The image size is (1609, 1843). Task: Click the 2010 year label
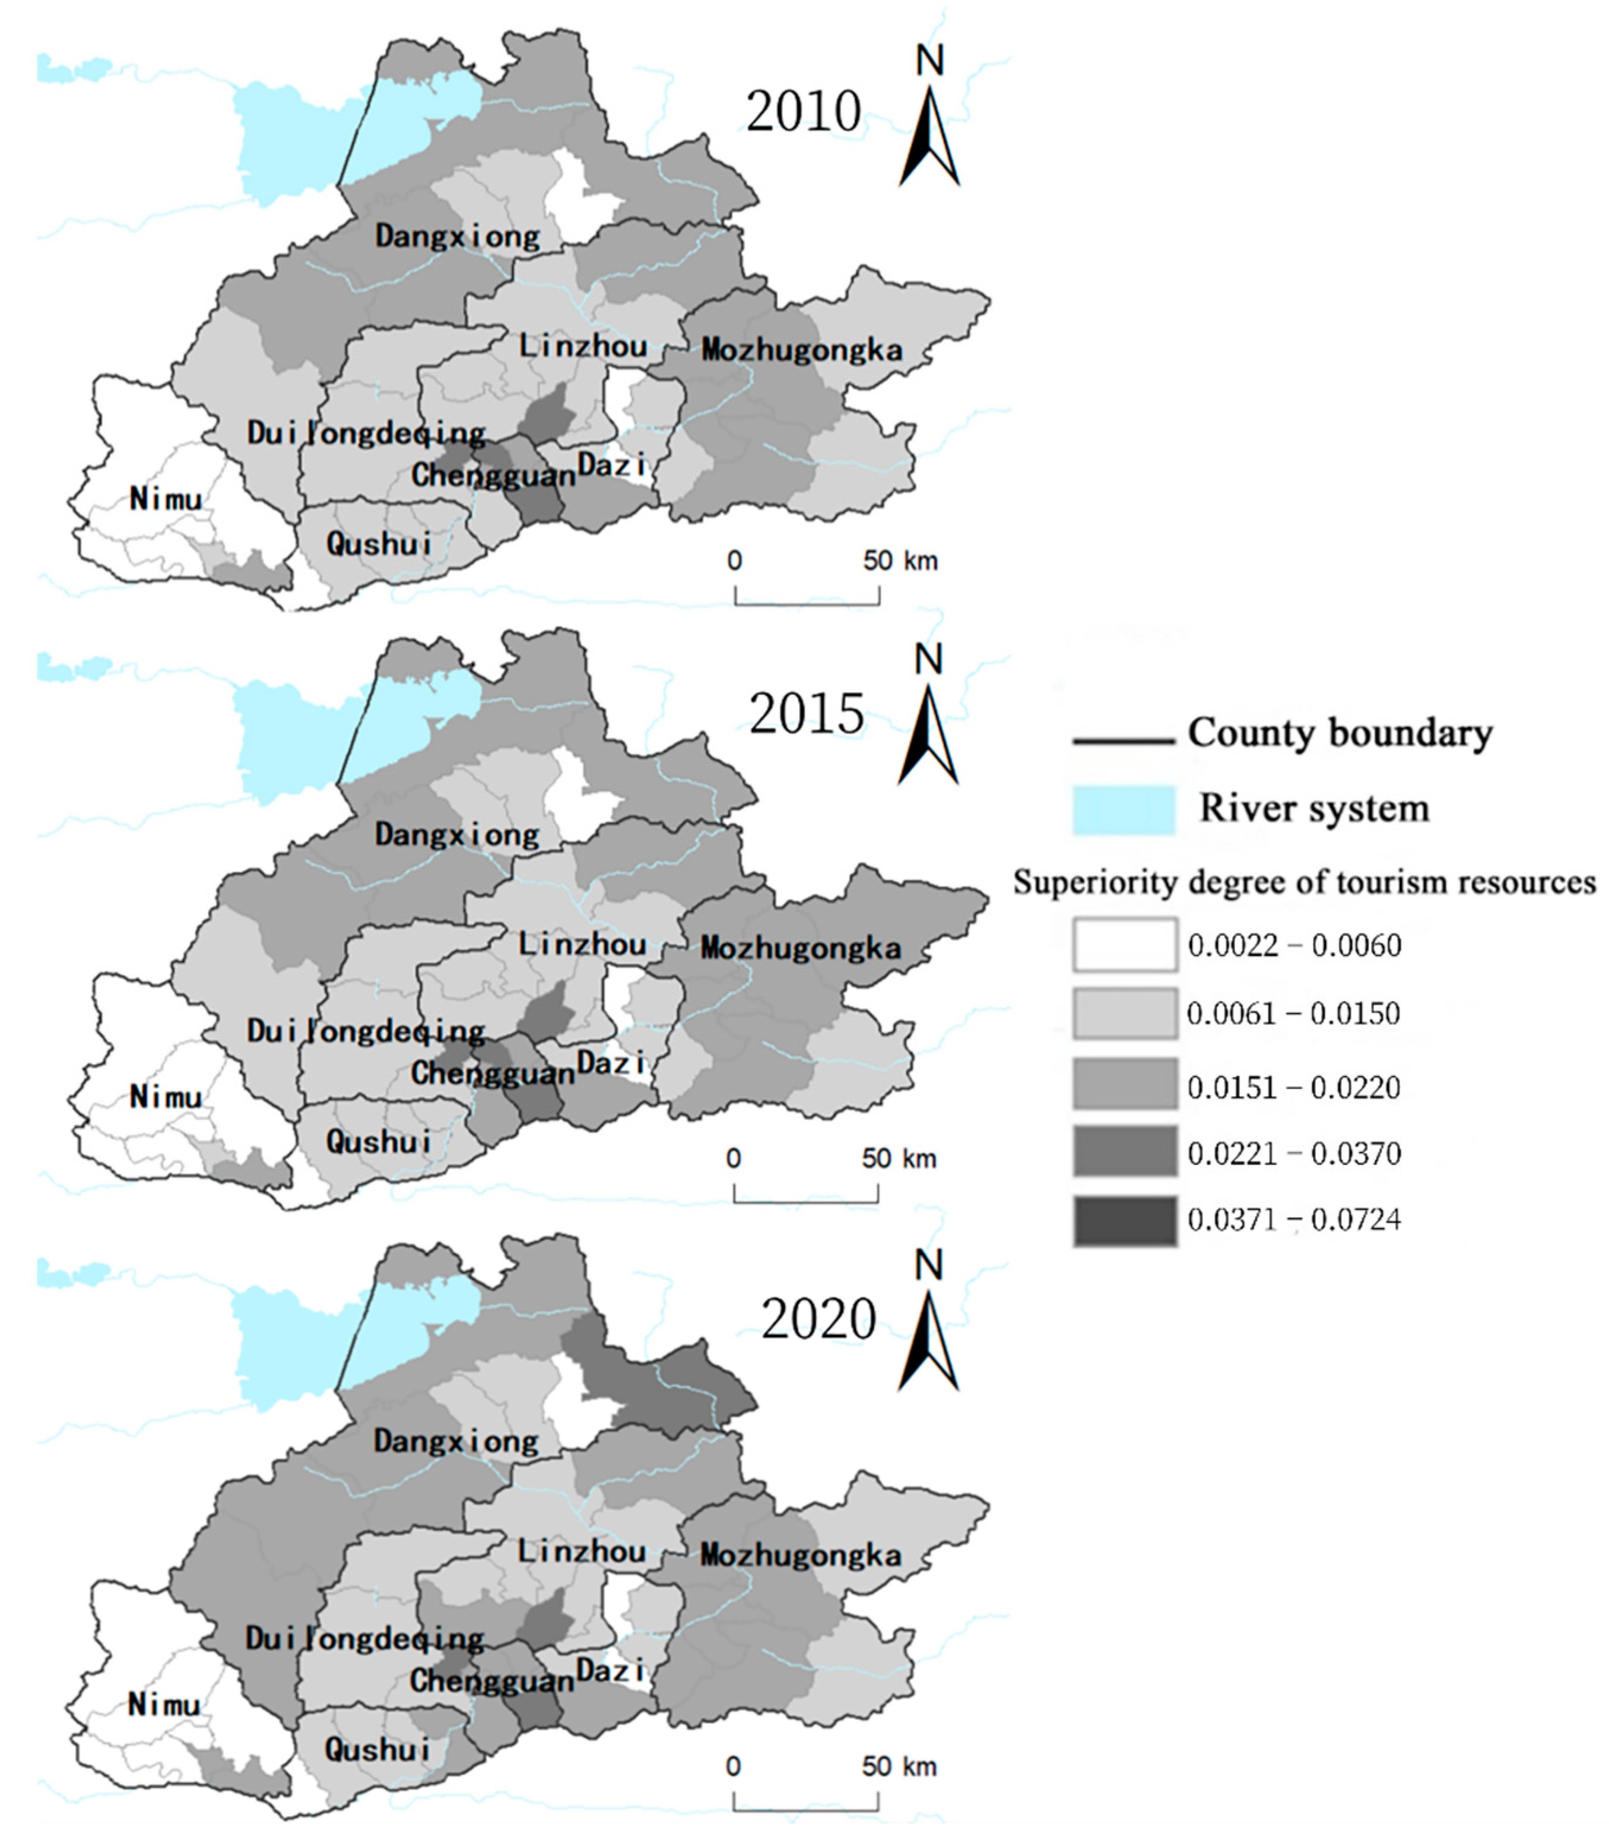804,112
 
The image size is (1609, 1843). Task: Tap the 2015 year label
807,714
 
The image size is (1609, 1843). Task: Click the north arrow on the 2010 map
930,126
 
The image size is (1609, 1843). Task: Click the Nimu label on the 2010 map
166,499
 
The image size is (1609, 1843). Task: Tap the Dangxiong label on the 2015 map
457,834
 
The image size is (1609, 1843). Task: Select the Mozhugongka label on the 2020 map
800,1554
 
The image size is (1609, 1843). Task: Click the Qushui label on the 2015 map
379,1142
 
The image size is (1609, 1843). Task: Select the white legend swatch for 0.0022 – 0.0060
1124,944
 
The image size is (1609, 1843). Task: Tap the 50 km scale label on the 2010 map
900,561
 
